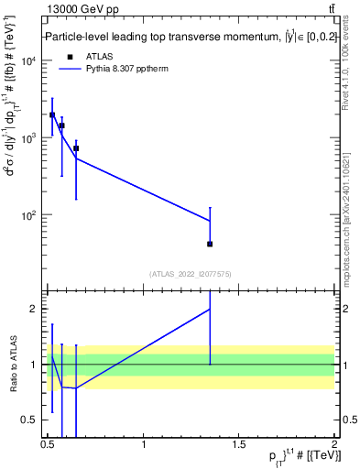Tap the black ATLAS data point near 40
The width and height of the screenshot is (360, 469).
tap(211, 244)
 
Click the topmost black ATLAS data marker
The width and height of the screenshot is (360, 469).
tap(52, 115)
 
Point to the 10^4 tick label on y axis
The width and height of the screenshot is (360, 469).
tap(30, 61)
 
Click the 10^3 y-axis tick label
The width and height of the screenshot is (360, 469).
tap(30, 138)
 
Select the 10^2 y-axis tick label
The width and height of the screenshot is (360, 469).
tap(30, 215)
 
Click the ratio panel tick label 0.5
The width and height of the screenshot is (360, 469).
tap(32, 420)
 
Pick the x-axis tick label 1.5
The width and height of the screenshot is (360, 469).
tap(239, 446)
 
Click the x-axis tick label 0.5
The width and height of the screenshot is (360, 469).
tap(48, 446)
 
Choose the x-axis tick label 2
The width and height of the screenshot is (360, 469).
tap(334, 446)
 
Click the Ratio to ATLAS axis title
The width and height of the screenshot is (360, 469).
tap(12, 364)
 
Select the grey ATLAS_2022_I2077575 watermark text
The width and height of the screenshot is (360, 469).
tap(191, 274)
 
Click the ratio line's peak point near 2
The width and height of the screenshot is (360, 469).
tap(211, 309)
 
